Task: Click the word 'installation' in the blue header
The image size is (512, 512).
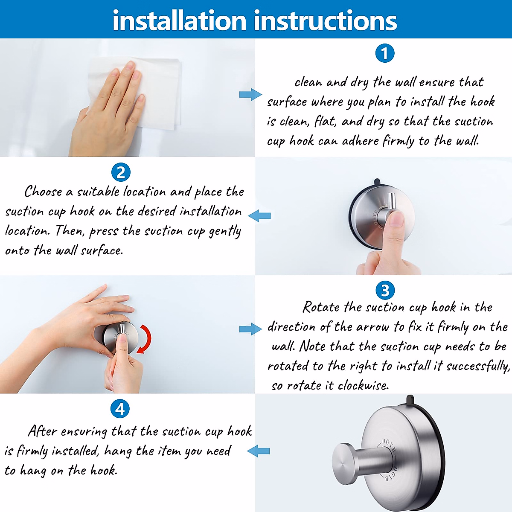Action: pyautogui.click(x=180, y=20)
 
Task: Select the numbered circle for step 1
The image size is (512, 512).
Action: pyautogui.click(x=384, y=54)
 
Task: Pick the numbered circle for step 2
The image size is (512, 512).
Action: pyautogui.click(x=121, y=173)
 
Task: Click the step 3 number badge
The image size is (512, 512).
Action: pyautogui.click(x=385, y=291)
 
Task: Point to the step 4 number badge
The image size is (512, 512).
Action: pyautogui.click(x=120, y=409)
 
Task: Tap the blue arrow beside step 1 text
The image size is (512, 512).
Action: pyautogui.click(x=250, y=94)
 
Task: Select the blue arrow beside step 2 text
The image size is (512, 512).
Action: pyautogui.click(x=259, y=216)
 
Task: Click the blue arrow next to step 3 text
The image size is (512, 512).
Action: pyautogui.click(x=250, y=329)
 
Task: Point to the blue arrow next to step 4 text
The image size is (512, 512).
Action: pyautogui.click(x=259, y=451)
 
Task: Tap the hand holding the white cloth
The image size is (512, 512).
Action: pyautogui.click(x=107, y=111)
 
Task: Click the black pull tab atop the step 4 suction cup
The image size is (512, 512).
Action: pyautogui.click(x=410, y=400)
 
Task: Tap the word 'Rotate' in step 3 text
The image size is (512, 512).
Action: pyautogui.click(x=321, y=307)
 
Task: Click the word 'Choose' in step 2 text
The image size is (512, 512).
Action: pyautogui.click(x=43, y=192)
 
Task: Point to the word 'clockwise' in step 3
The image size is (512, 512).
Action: pyautogui.click(x=363, y=386)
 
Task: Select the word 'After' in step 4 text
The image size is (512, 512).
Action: pyautogui.click(x=42, y=431)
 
